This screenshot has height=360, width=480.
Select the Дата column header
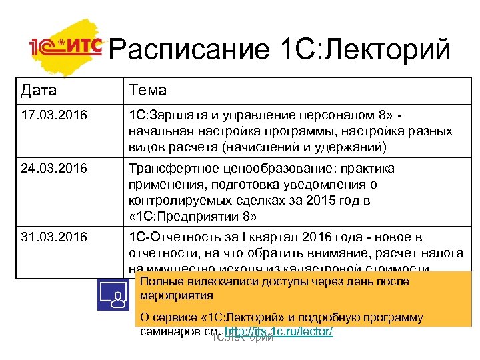tap(39, 90)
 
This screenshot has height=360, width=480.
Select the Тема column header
tap(147, 90)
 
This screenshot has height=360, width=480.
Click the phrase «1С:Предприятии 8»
tap(193, 217)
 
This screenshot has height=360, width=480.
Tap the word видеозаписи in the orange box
tap(221, 281)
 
